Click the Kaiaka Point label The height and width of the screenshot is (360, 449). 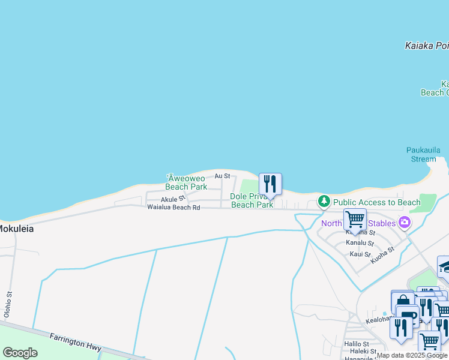(427, 46)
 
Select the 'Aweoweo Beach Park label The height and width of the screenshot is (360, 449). (186, 182)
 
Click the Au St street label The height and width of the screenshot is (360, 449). (222, 176)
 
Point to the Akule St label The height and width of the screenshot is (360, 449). (173, 199)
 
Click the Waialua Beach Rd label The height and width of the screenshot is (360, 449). (173, 208)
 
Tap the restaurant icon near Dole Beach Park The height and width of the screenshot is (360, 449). (270, 184)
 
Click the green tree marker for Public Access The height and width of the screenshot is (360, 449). (324, 201)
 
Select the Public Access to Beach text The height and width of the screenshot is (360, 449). (377, 203)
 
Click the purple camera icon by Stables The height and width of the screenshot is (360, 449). (404, 223)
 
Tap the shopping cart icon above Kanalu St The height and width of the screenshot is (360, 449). (355, 220)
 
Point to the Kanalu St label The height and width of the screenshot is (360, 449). (360, 243)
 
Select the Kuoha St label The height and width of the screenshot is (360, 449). (382, 255)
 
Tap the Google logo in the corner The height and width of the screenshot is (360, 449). (20, 353)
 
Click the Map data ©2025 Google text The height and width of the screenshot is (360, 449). (412, 355)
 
